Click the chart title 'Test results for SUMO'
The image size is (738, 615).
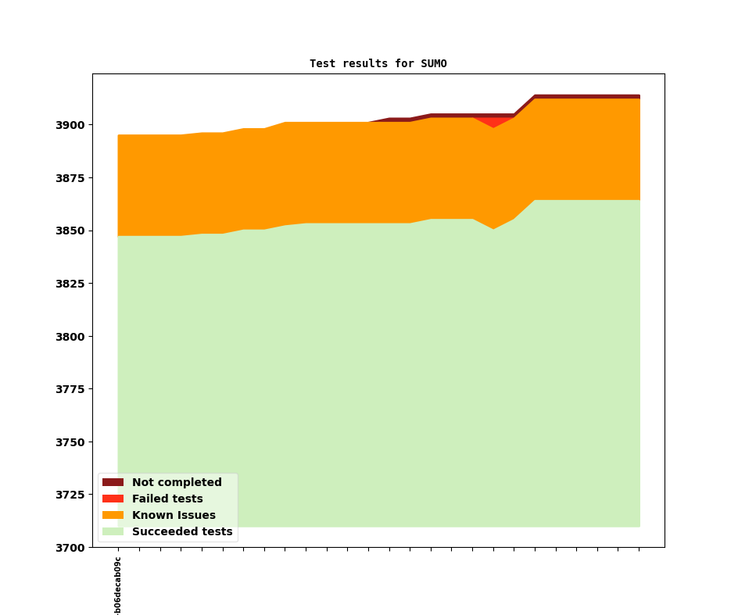378,64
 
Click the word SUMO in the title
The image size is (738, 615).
434,64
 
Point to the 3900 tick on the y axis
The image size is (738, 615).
71,125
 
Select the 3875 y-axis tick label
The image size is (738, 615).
71,178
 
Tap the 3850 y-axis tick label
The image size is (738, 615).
71,231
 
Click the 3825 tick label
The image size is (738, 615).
71,284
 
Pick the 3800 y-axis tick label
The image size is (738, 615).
71,337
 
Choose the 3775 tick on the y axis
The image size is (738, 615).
71,389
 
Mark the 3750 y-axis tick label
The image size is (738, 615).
71,442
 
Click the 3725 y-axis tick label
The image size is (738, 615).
71,495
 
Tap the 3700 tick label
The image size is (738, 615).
71,548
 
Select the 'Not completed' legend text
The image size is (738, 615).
177,483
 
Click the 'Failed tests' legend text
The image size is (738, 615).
167,499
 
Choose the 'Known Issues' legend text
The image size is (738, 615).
174,516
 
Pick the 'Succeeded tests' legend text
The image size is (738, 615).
182,532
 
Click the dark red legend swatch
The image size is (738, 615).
113,483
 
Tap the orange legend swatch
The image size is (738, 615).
113,516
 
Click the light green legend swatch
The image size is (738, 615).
113,532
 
